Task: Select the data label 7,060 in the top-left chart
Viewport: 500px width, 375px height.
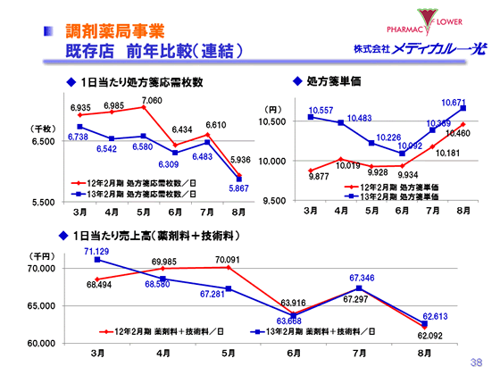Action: (152, 100)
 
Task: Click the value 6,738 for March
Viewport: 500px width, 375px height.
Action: (78, 137)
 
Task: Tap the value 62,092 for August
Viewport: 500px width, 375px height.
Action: (429, 335)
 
